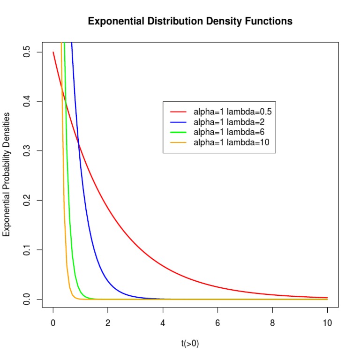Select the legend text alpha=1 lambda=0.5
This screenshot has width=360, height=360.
[x=232, y=112]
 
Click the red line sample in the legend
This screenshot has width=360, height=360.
[x=178, y=112]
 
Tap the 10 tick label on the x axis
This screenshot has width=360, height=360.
[x=327, y=323]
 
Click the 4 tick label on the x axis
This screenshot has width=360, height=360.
[x=163, y=323]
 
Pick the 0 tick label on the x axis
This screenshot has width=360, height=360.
[x=53, y=323]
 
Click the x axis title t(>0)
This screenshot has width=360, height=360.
[x=190, y=344]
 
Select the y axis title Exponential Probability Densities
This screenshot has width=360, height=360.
[x=7, y=175]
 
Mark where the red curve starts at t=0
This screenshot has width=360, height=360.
[x=53, y=52]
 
